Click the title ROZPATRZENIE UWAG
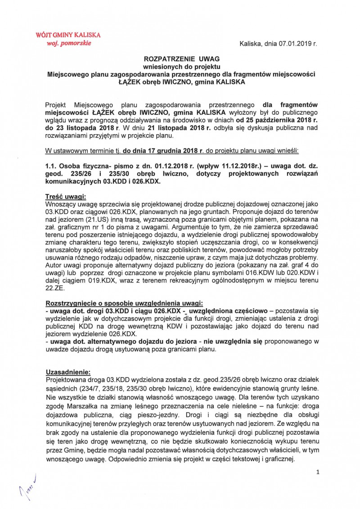tap(180, 59)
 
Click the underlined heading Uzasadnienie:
tap(68, 372)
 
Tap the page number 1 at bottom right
tap(318, 472)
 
